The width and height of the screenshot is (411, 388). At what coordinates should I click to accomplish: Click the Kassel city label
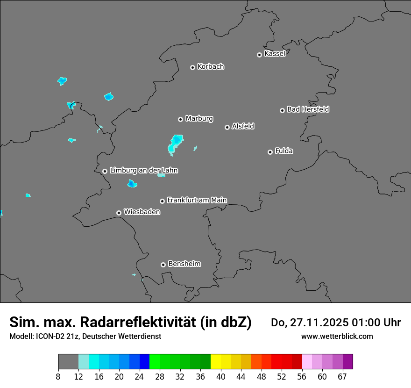tap(275, 54)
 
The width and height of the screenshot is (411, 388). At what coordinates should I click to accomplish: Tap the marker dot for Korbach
tap(192, 67)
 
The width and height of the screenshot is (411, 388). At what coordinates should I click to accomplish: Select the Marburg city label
tap(199, 119)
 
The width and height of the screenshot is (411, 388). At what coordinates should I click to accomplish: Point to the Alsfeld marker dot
tap(227, 127)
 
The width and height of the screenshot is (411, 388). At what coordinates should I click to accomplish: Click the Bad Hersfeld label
tap(308, 109)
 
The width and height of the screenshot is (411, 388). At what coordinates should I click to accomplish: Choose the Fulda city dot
tap(270, 152)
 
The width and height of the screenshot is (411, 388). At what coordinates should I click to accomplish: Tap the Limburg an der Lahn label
tap(143, 171)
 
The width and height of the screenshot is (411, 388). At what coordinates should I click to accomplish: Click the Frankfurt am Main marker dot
tap(163, 201)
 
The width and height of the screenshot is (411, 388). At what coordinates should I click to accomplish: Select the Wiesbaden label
tap(142, 212)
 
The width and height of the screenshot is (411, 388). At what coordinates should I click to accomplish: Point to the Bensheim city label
tap(184, 264)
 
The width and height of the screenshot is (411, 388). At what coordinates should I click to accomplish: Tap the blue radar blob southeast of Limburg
tap(132, 184)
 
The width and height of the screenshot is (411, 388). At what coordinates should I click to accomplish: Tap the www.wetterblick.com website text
tap(337, 336)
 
